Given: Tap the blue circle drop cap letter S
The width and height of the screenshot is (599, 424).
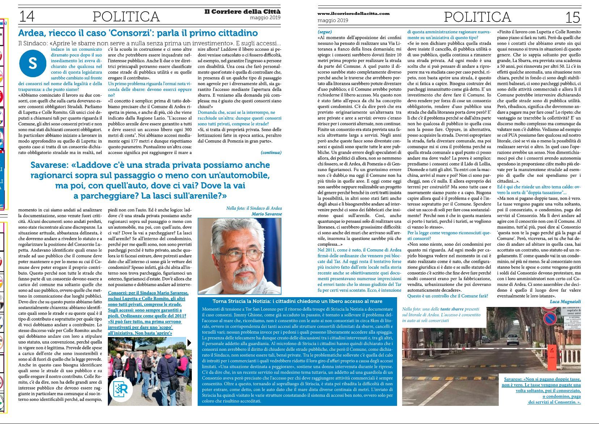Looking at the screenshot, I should pyautogui.click(x=33, y=63).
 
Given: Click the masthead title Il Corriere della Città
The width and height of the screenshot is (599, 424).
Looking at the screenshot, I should pyautogui.click(x=242, y=12).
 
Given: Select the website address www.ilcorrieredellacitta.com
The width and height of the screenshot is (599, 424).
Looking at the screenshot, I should pyautogui.click(x=354, y=13).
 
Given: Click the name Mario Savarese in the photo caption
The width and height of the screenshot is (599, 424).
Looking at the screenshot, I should pyautogui.click(x=266, y=214).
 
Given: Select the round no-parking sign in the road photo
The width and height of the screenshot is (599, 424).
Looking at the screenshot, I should pyautogui.click(x=550, y=319).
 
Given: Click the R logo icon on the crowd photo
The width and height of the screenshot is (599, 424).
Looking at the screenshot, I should pyautogui.click(x=122, y=390).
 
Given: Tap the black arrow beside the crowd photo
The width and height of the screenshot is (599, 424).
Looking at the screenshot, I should pyautogui.click(x=189, y=343).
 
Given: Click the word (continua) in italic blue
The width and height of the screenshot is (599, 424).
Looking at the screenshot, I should pyautogui.click(x=271, y=153).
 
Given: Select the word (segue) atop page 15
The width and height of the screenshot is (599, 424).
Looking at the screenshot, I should pyautogui.click(x=325, y=32).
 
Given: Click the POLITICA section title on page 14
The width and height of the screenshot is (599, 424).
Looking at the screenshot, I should pyautogui.click(x=126, y=17).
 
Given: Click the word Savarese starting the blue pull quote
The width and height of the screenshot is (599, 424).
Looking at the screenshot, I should pyautogui.click(x=49, y=165).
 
